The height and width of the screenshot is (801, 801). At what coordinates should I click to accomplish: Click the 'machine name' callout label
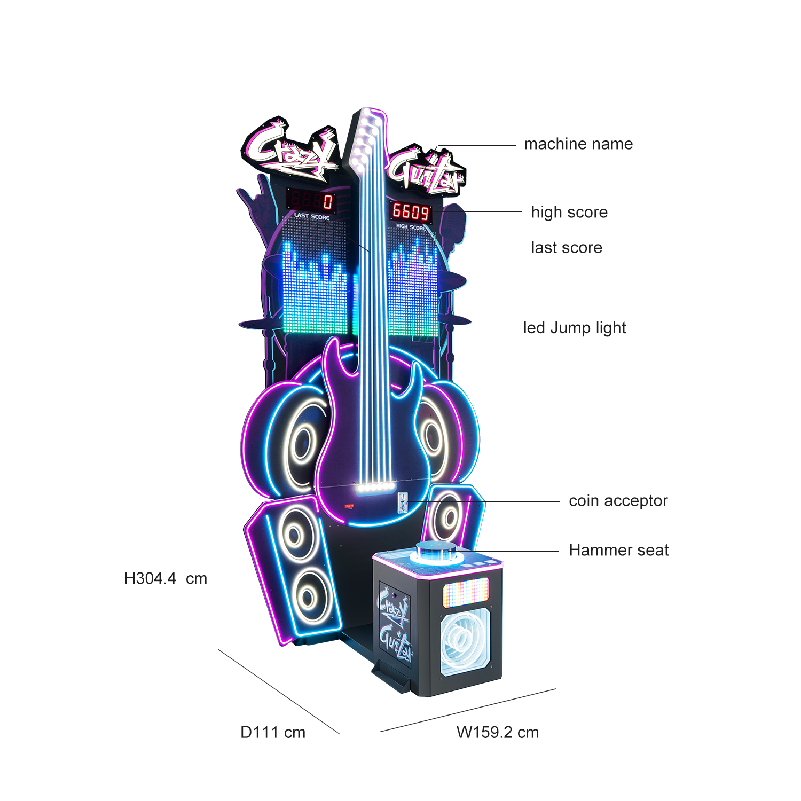pos(578,144)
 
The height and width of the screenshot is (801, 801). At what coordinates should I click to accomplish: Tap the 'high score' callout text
pos(569,213)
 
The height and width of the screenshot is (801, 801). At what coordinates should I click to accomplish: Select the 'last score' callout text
pos(567,247)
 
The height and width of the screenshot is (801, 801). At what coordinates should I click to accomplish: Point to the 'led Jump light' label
pos(575,328)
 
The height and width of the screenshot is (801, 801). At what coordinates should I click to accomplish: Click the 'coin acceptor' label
pos(618,501)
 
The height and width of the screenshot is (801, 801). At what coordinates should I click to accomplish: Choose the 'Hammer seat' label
pos(619,550)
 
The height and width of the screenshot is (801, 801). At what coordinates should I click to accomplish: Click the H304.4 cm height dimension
pos(166,578)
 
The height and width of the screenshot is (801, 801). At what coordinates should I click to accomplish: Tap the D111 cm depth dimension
pos(273,732)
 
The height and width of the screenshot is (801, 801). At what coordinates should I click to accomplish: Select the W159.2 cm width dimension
pos(498,732)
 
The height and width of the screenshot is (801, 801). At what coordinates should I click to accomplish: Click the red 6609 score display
pos(411,212)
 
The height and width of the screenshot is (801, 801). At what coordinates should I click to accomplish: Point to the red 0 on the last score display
pos(327,201)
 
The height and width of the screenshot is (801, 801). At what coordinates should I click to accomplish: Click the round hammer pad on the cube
pos(436,551)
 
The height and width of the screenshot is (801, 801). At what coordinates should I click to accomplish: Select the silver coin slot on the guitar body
pos(403,503)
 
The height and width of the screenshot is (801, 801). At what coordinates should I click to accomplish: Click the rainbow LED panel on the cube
pos(466,592)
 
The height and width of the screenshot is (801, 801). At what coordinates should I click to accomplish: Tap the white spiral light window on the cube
pos(465,640)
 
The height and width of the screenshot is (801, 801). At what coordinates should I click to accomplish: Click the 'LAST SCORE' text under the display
pos(312,216)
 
